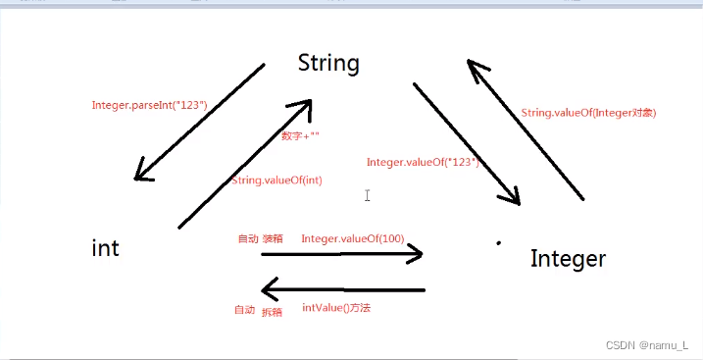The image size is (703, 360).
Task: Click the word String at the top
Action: point(328,64)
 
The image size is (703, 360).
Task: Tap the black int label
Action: point(105,247)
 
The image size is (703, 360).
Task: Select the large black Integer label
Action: point(568,260)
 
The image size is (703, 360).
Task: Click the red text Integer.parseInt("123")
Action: point(150,105)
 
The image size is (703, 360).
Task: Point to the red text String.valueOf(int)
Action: point(277,180)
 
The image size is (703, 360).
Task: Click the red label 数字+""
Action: point(300,135)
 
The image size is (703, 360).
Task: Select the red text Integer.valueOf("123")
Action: point(423,162)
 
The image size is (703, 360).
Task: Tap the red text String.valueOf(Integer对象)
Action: point(588,113)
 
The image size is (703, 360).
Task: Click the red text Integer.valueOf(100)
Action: point(353,238)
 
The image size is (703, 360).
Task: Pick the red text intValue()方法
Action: point(336,308)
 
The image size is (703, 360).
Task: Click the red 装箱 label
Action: point(273,238)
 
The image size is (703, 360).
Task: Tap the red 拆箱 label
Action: point(273,313)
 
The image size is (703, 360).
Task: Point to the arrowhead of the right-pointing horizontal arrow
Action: point(415,254)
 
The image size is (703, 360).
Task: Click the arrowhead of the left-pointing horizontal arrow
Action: point(269,290)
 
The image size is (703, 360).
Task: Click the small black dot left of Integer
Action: point(498,243)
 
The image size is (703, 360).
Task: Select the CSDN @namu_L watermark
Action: point(647,345)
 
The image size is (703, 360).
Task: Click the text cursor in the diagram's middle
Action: point(368,195)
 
